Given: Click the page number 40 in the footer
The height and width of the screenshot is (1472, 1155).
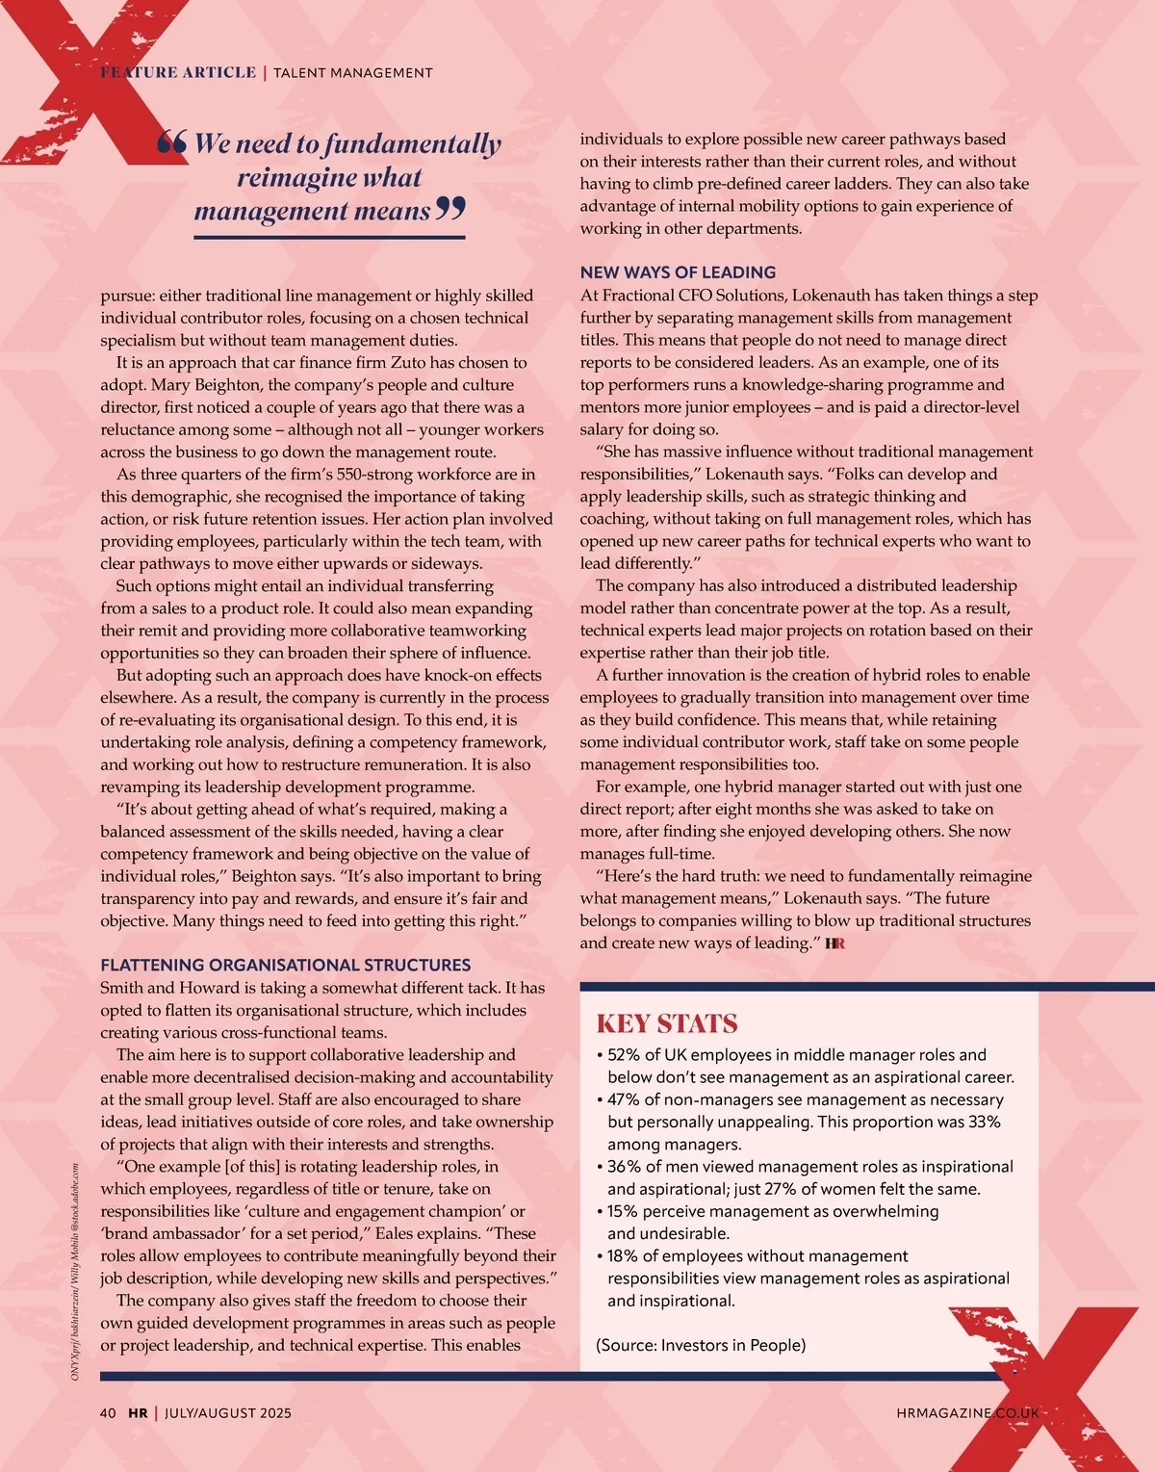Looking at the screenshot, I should point(108,1413).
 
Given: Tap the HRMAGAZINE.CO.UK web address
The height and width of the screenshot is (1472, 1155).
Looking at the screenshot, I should point(967,1413).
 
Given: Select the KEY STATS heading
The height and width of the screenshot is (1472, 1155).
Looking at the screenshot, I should point(666,1023).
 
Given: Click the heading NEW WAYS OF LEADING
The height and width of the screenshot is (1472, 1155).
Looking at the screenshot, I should point(678,272).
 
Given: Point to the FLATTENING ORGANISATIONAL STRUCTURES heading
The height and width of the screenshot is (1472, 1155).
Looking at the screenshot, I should point(286,965).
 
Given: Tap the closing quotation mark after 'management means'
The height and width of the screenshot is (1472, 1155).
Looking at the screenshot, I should point(450,208).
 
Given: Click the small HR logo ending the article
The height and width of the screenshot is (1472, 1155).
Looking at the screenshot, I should point(834,943).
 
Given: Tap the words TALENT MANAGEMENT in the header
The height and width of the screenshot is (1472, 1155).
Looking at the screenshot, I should point(353,72).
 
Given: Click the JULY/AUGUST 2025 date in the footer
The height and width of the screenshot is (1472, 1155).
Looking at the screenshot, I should point(228,1413).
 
